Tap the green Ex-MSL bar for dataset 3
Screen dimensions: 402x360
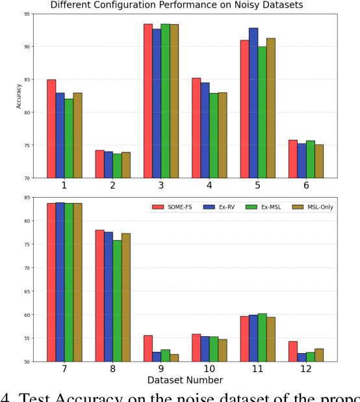click(x=165, y=101)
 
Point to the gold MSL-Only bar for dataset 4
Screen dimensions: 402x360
click(x=222, y=135)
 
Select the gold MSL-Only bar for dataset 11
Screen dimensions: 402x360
click(x=270, y=339)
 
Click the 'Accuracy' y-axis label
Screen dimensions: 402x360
click(x=19, y=96)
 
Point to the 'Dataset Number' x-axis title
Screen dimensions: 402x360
click(x=185, y=380)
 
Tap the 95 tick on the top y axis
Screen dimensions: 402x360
click(x=27, y=14)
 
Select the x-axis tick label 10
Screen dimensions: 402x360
click(x=209, y=369)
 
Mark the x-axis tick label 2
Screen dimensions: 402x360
click(x=113, y=185)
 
